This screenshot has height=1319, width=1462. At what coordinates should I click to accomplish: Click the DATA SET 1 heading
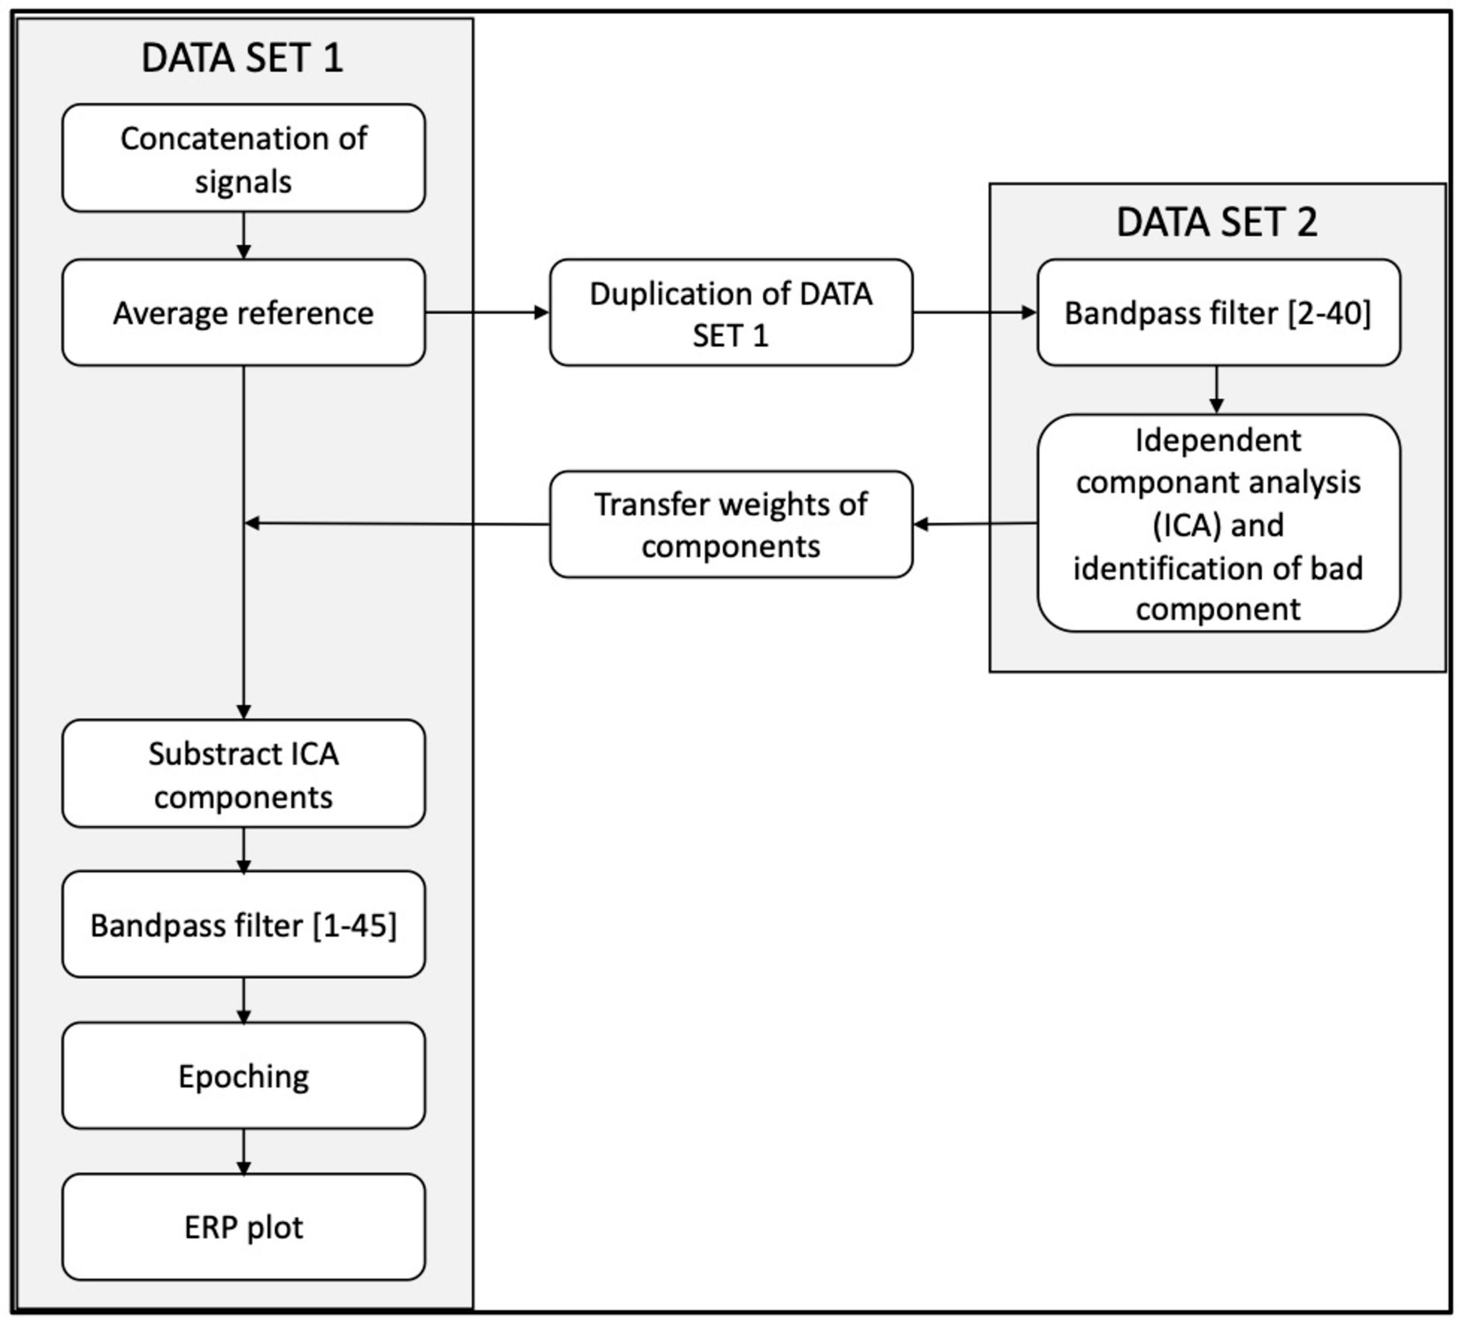point(242,58)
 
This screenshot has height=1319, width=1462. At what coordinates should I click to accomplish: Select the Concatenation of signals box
point(243,158)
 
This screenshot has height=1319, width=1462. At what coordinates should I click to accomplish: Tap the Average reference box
point(243,312)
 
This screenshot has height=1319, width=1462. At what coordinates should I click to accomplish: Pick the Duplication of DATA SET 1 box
point(731,312)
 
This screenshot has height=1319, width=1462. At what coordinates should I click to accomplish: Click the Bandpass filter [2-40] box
point(1219,312)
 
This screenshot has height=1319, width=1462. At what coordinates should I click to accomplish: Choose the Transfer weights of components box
point(731,524)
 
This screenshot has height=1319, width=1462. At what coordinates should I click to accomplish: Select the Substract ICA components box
point(243,773)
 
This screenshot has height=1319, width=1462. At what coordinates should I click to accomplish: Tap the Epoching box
point(243,1076)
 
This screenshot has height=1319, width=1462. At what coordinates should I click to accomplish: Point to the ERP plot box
point(243,1227)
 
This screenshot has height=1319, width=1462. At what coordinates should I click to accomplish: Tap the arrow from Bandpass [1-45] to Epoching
point(243,1000)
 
